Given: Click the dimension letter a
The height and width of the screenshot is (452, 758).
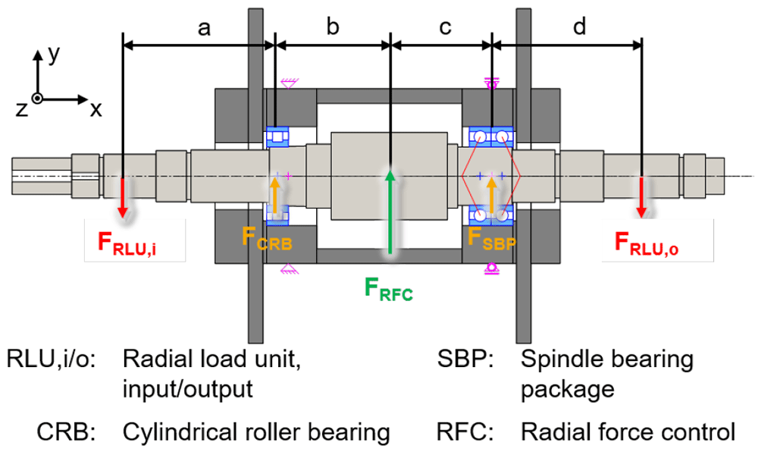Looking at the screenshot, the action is [x=205, y=29].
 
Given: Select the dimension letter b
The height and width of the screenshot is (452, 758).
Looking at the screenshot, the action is [x=333, y=26].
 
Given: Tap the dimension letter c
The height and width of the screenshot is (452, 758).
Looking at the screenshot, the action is [x=445, y=29].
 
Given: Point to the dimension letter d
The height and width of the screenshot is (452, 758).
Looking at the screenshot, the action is [x=580, y=26].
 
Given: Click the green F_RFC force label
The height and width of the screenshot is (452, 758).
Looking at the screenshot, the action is [x=389, y=289].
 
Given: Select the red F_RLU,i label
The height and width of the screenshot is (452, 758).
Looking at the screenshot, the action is [x=127, y=243].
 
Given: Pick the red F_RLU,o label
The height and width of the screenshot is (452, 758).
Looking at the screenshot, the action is [x=647, y=243].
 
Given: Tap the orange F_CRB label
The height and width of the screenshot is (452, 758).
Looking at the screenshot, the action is [x=267, y=239].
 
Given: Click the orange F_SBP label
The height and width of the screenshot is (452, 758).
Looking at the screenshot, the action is [x=492, y=239].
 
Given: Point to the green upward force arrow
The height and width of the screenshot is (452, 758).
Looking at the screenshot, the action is [x=390, y=212].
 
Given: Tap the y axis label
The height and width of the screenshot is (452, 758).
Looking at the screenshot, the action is [x=53, y=55].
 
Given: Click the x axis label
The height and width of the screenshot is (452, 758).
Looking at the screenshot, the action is [x=96, y=111].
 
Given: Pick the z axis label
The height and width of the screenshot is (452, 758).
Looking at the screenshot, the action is [x=21, y=110].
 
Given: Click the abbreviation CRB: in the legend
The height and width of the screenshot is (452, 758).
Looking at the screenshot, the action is [x=66, y=432].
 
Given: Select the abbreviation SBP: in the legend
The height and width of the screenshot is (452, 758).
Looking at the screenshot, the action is [x=465, y=359].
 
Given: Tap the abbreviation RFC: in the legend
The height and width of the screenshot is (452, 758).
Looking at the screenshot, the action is [x=465, y=432].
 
